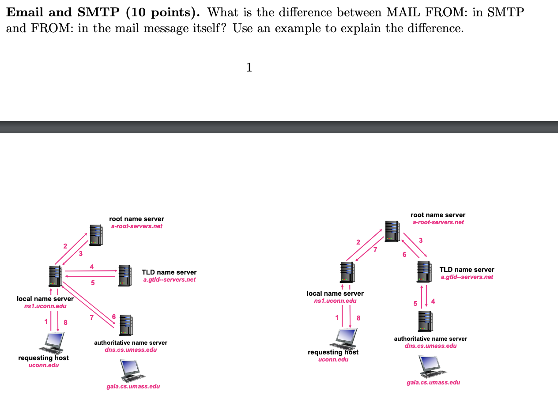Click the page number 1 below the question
tap(249, 68)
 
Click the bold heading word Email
tap(26, 12)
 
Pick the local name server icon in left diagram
tap(56, 276)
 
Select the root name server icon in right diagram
tap(392, 231)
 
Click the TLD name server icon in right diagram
tap(424, 272)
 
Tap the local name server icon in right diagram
tap(347, 272)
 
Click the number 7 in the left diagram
tap(92, 318)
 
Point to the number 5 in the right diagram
tap(415, 303)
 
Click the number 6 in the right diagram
tap(404, 254)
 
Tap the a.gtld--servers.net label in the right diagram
tap(467, 277)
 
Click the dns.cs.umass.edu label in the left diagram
tap(131, 350)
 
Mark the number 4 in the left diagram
tap(92, 266)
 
